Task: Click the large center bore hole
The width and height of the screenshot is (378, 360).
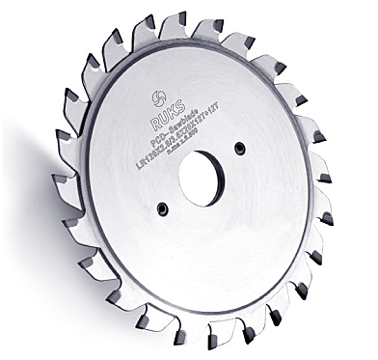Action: point(202,178)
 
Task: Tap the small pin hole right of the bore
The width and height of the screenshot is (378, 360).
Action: point(239,147)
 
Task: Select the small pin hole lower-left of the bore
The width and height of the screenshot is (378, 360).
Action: point(164,208)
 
